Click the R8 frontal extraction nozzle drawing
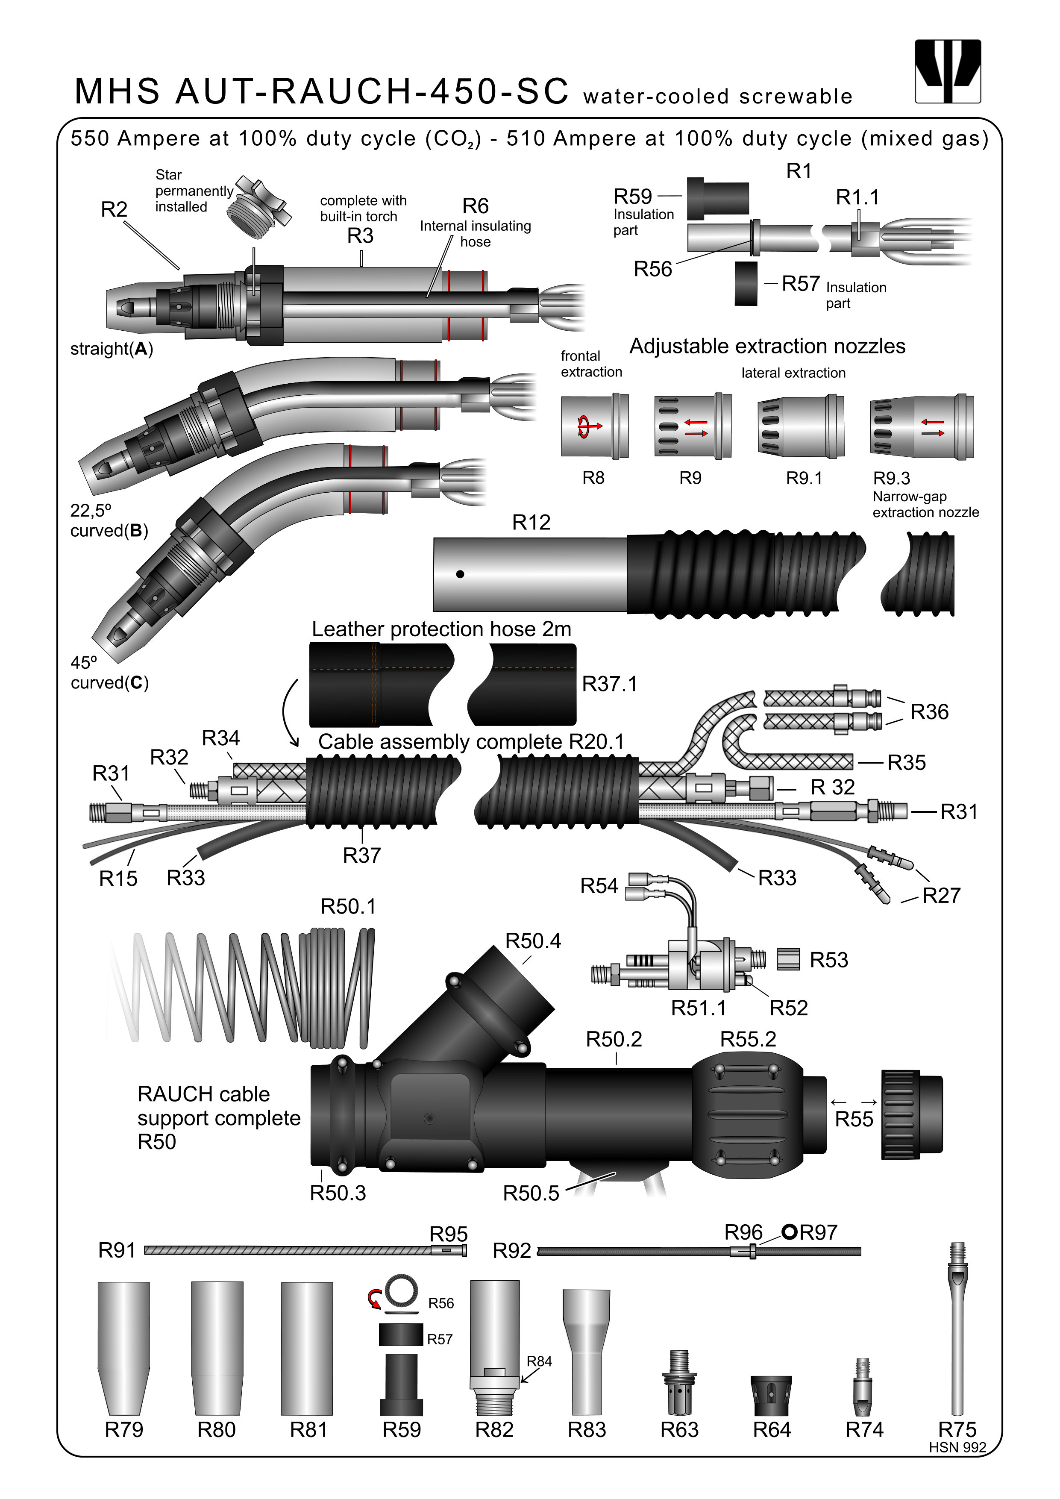click(x=594, y=426)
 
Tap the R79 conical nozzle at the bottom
click(x=123, y=1348)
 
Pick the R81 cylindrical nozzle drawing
click(x=307, y=1348)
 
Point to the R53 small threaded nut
click(x=788, y=959)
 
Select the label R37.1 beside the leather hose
click(x=609, y=684)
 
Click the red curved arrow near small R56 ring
click(x=374, y=1299)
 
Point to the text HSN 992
click(x=957, y=1447)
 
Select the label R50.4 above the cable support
click(x=533, y=941)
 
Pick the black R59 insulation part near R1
click(x=717, y=198)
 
